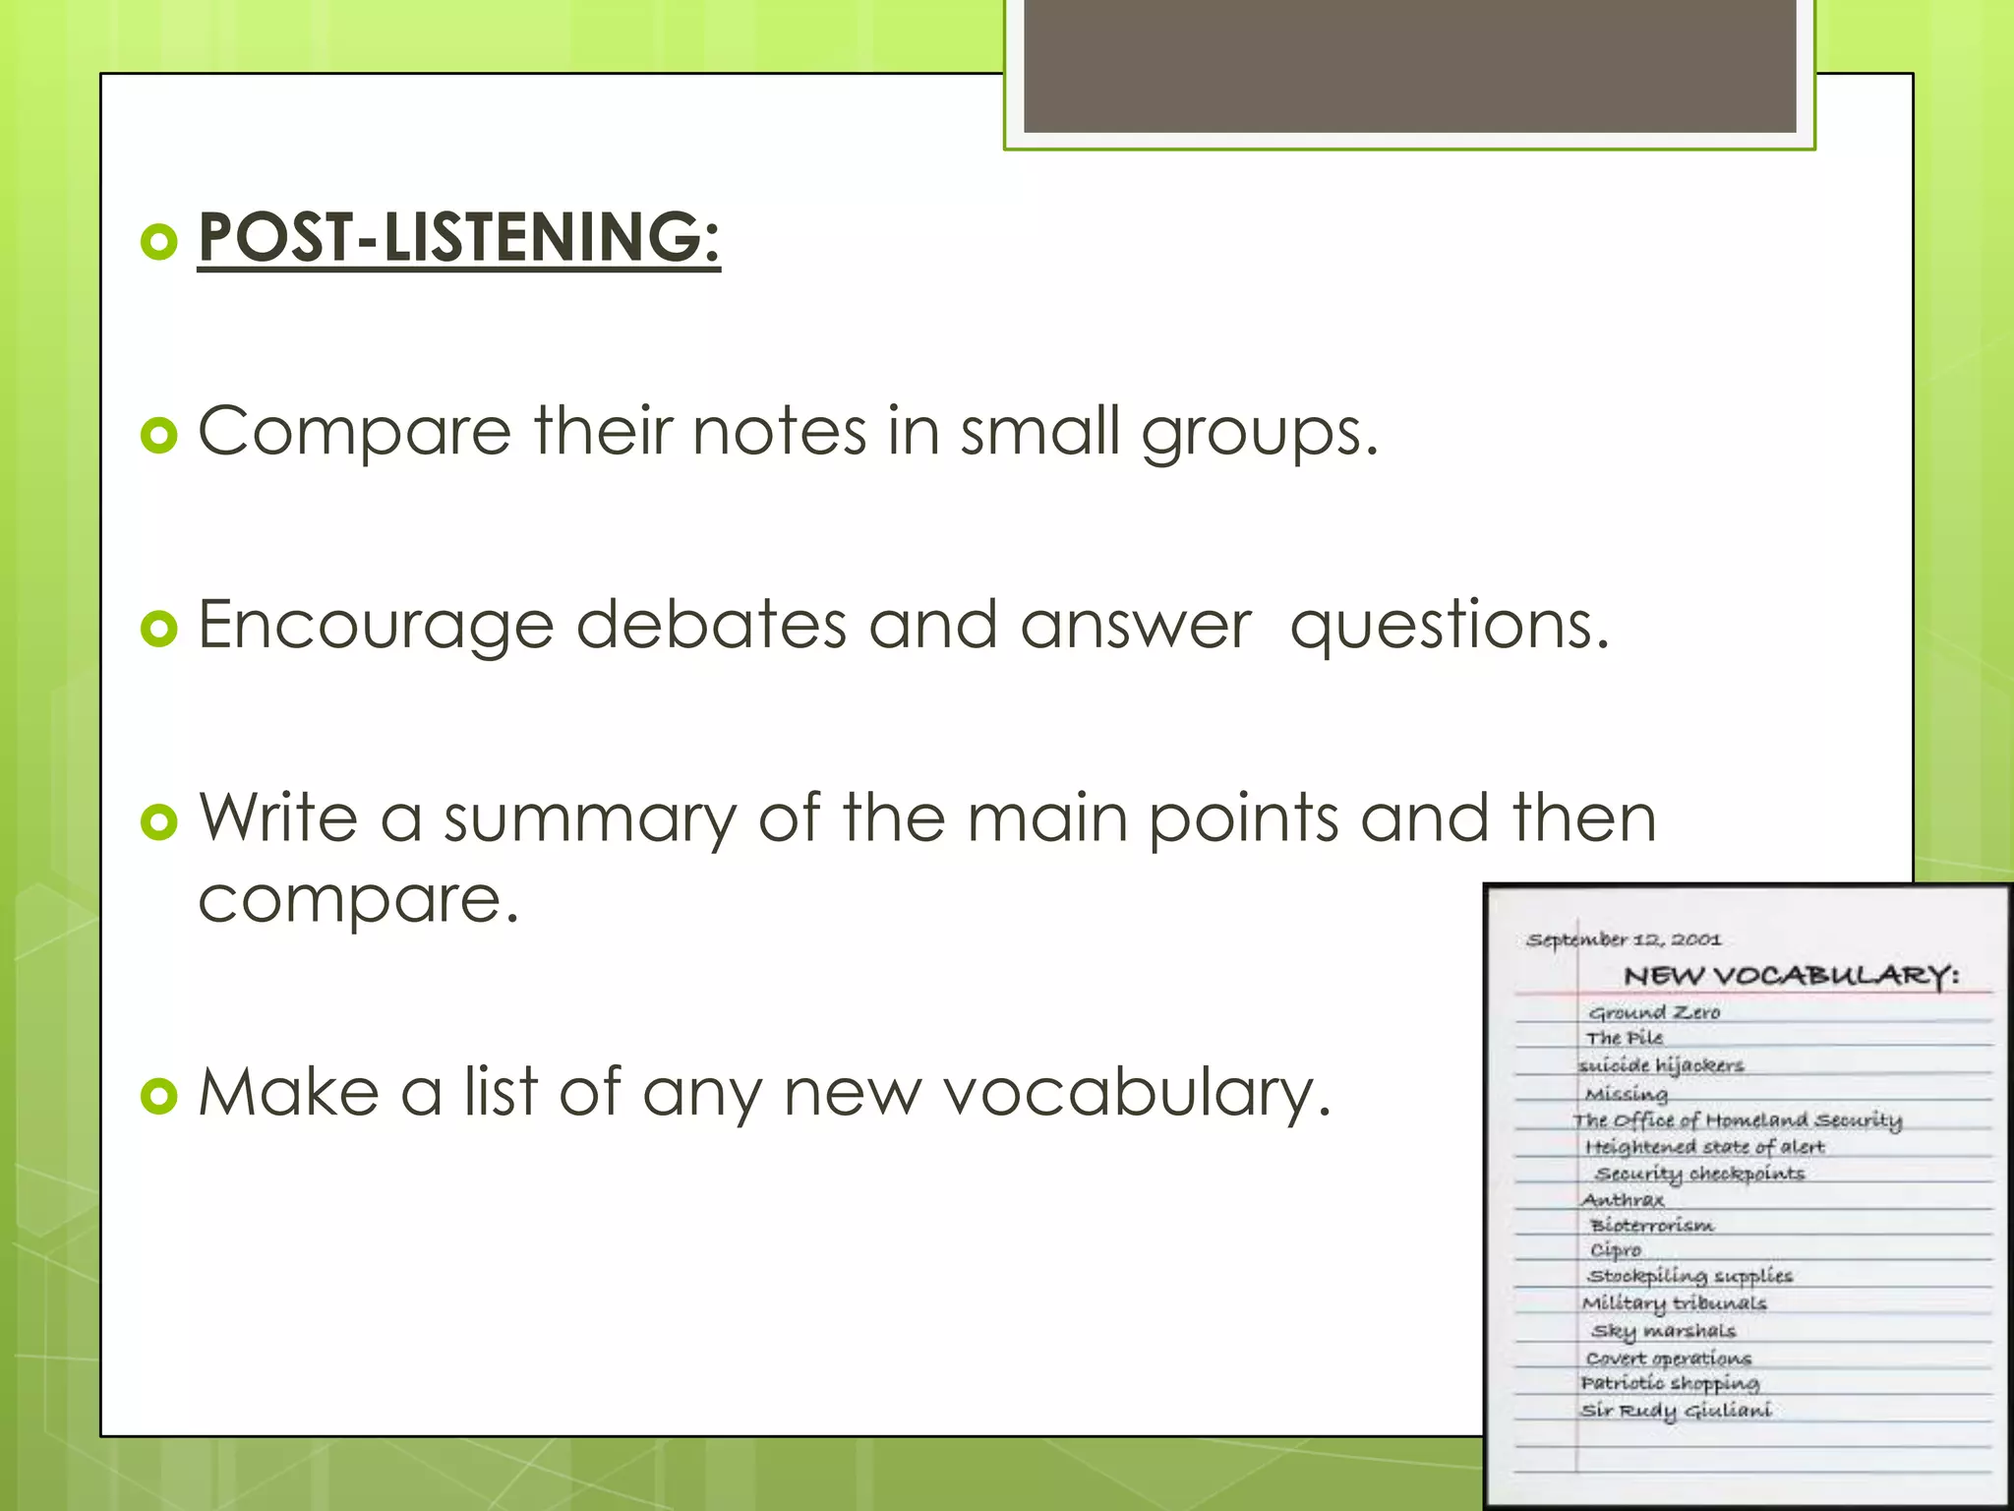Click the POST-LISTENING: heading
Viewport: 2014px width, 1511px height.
pos(458,237)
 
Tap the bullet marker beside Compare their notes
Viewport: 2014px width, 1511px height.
pos(158,434)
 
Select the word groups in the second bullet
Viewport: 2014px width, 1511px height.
pos(1260,434)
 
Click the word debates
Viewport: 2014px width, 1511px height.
pos(710,626)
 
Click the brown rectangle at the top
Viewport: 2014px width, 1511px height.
pos(1409,65)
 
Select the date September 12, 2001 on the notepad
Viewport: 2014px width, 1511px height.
pos(1624,939)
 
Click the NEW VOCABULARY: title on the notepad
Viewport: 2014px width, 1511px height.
pos(1791,976)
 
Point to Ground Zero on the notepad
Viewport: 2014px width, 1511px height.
pos(1654,1012)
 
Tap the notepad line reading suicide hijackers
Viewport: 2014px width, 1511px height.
pos(1660,1065)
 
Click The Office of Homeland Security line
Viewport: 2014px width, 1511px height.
pos(1737,1120)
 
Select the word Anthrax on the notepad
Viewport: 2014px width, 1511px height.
pos(1623,1200)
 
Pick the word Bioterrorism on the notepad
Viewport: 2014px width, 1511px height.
pos(1652,1226)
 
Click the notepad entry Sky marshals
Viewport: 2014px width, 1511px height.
pos(1664,1331)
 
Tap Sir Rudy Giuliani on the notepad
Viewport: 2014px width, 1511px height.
pos(1676,1411)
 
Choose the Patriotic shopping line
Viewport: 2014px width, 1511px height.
pos(1670,1384)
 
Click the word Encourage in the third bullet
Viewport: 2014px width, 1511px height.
pos(376,626)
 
